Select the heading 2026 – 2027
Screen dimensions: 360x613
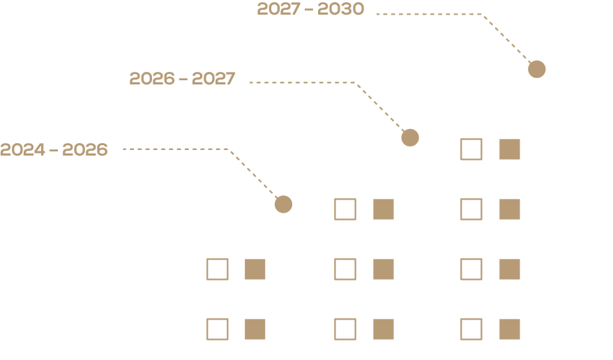183,78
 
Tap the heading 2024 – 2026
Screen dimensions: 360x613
54,149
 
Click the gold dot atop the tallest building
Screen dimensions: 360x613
536,69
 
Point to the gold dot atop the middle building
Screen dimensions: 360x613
410,137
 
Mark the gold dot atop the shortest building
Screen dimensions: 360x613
283,204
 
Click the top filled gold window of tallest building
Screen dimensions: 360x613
510,149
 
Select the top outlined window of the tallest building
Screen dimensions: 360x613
471,149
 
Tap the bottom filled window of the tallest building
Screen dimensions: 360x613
510,329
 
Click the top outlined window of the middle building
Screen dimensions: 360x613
345,209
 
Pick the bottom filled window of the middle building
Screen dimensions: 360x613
384,329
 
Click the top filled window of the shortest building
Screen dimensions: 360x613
255,269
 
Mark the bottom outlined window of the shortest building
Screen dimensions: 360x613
218,329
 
